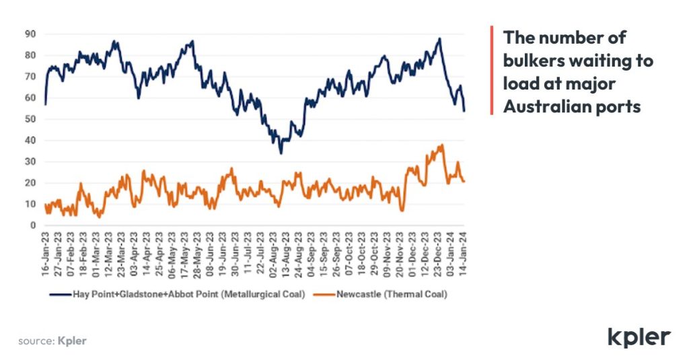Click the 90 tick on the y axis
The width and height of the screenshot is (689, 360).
click(x=30, y=33)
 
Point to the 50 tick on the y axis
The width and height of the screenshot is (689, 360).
click(x=30, y=119)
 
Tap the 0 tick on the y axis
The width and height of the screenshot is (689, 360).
click(x=32, y=225)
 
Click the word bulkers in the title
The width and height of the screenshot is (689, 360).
click(x=536, y=61)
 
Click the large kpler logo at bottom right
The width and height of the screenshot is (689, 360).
click(x=639, y=337)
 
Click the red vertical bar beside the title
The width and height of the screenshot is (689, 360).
click(x=492, y=70)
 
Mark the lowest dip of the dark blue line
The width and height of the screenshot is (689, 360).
click(x=281, y=153)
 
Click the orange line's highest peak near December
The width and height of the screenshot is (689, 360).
click(x=442, y=145)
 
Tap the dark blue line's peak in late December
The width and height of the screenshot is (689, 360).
click(x=439, y=38)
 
